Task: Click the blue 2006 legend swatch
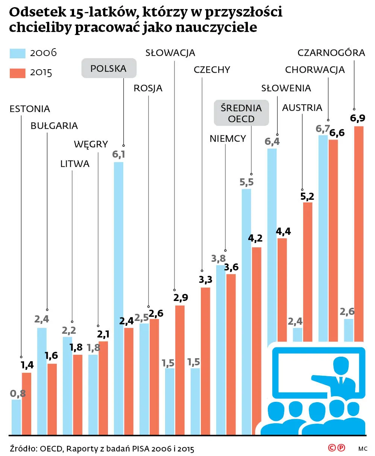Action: pyautogui.click(x=17, y=53)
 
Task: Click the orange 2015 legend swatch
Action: pyautogui.click(x=17, y=73)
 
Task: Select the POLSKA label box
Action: pyautogui.click(x=109, y=68)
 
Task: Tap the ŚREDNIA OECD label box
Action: pyautogui.click(x=241, y=113)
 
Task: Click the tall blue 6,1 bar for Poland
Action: pyautogui.click(x=118, y=297)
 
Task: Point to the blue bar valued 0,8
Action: pyautogui.click(x=16, y=416)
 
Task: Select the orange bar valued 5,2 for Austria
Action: pyautogui.click(x=307, y=271)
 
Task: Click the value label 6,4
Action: pyautogui.click(x=272, y=141)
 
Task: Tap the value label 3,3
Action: pyautogui.click(x=205, y=280)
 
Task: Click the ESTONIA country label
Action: pyautogui.click(x=30, y=109)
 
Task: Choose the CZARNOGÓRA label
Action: pyautogui.click(x=331, y=53)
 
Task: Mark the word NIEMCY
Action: pyautogui.click(x=228, y=138)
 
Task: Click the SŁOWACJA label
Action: pyautogui.click(x=170, y=53)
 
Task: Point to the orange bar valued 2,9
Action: pyautogui.click(x=180, y=369)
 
